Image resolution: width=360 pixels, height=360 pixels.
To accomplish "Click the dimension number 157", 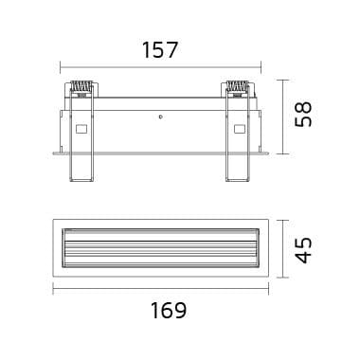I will (160, 50).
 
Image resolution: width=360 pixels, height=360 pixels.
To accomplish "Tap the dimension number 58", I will (302, 114).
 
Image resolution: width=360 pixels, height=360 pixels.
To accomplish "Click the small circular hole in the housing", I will (161, 117).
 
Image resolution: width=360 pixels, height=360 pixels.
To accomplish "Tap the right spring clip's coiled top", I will (237, 88).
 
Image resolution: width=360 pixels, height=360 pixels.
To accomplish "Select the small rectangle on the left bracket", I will (80, 130).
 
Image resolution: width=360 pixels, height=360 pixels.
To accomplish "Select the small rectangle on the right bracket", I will (237, 130).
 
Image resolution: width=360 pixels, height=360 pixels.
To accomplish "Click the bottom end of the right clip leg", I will (237, 177).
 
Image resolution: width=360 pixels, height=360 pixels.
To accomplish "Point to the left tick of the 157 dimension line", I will (61, 67).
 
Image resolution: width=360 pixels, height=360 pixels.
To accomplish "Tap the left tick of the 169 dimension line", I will (53, 290).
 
